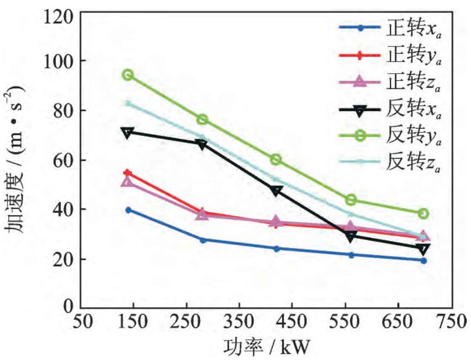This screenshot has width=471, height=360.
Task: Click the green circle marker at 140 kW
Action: pyautogui.click(x=128, y=75)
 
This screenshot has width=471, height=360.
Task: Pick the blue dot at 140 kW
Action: pyautogui.click(x=128, y=210)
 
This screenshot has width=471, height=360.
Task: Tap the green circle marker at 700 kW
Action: pyautogui.click(x=423, y=213)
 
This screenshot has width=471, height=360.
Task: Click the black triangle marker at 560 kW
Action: pyautogui.click(x=351, y=237)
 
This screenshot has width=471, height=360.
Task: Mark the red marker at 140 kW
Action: pyautogui.click(x=128, y=173)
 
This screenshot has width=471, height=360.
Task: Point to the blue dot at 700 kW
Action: pyautogui.click(x=423, y=260)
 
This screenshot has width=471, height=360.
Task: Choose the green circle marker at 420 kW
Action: pyautogui.click(x=276, y=160)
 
